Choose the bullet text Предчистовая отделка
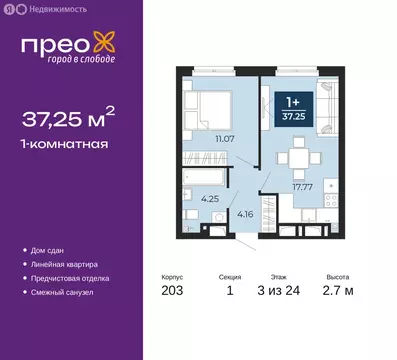point(76,277)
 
